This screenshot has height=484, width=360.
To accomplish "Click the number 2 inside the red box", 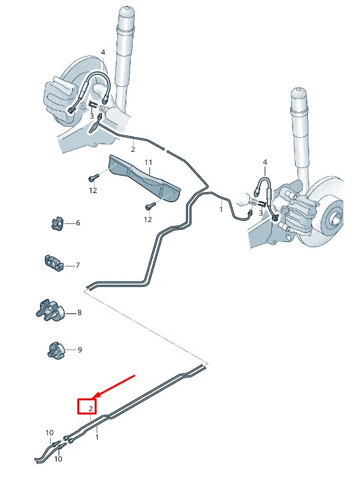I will [90, 408].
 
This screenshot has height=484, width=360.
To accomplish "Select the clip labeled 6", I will [56, 223].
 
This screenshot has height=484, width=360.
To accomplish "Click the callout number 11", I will [147, 162].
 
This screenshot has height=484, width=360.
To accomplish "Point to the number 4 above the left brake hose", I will [102, 53].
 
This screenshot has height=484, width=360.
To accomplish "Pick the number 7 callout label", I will [77, 265].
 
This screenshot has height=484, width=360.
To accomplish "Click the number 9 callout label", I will [80, 350].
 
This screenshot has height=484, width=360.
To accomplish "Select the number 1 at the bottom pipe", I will [97, 437].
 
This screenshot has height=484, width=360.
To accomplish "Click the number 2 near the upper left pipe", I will [133, 149].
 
